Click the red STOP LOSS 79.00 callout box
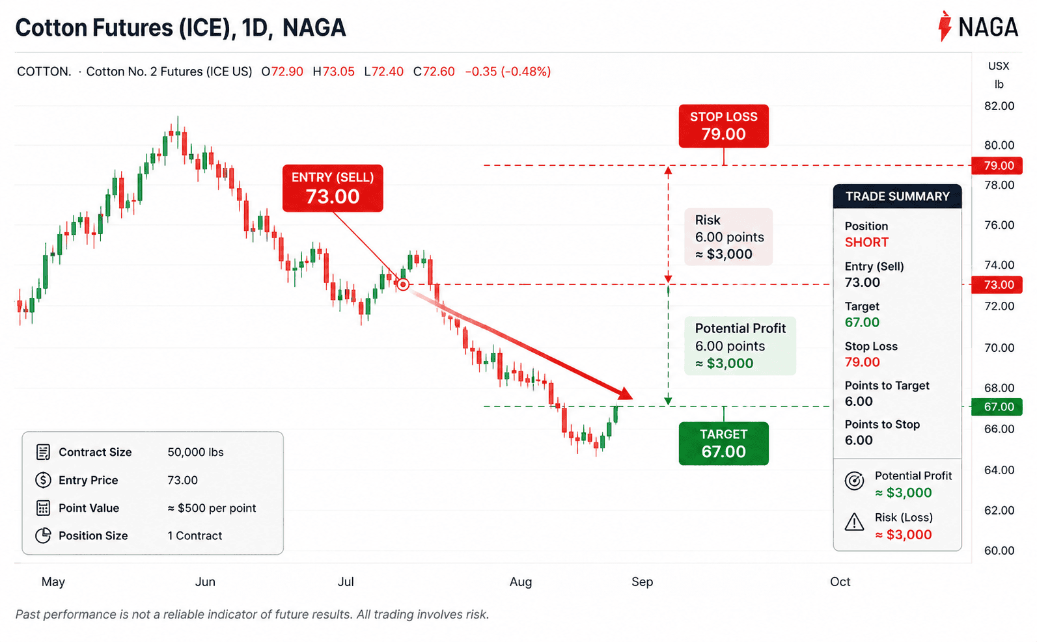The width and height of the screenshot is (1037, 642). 724,126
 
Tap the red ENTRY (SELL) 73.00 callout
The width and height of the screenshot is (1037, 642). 333,188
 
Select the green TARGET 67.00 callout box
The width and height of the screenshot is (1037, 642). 724,443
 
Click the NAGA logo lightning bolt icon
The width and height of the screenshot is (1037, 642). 945,27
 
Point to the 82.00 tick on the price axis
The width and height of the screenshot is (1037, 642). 999,106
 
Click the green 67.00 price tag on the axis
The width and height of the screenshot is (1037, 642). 997,407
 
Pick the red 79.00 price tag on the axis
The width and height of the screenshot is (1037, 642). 997,166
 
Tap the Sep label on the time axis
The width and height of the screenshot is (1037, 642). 642,582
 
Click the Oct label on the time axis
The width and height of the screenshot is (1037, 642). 840,582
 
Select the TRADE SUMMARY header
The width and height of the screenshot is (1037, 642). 897,196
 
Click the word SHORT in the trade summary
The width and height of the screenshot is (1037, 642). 866,243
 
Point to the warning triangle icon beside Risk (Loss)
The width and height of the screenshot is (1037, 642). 854,522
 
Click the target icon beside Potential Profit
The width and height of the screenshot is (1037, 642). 854,481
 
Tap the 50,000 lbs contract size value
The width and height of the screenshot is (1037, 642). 195,452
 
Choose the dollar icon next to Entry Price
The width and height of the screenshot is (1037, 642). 43,480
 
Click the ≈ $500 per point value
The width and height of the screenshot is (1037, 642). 212,508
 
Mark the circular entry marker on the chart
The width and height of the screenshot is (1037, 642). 403,284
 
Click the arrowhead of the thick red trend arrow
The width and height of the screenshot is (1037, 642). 626,394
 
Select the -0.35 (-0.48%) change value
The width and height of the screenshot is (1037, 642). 508,72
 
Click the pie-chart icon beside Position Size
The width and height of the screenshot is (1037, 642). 43,535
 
